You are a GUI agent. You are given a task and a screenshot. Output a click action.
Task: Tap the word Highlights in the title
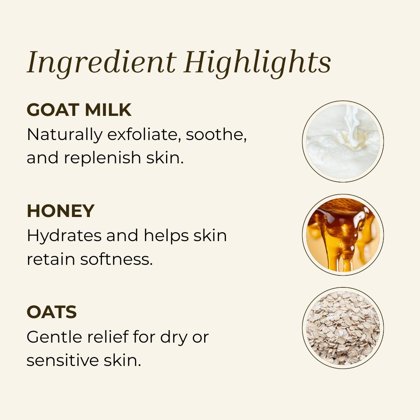[x=258, y=62]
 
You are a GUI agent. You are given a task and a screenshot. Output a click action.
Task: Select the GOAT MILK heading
[x=79, y=110]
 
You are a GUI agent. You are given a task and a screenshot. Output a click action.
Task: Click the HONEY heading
[x=61, y=211]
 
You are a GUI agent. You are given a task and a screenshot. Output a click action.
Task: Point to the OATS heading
[x=52, y=312]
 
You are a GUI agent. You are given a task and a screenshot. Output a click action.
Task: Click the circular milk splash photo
[x=343, y=142]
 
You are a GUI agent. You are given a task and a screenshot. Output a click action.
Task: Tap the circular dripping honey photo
[x=343, y=235]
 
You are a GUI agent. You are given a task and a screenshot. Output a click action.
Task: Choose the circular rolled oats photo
[x=343, y=328]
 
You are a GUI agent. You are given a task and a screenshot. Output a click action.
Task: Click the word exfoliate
[x=143, y=135]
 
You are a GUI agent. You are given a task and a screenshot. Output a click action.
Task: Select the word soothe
[x=215, y=135]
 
